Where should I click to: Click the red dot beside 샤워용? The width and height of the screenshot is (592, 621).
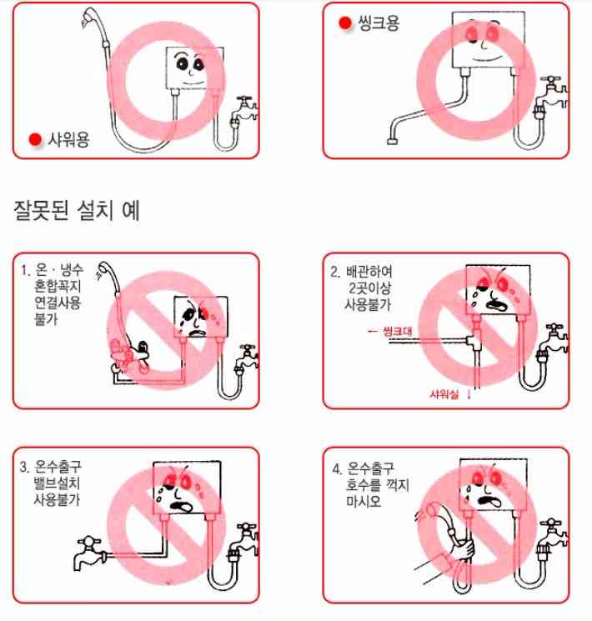pyautogui.click(x=35, y=139)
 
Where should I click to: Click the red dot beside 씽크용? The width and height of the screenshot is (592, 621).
pyautogui.click(x=345, y=23)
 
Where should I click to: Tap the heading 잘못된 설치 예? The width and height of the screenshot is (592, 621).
pyautogui.click(x=77, y=210)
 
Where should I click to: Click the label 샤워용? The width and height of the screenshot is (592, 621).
pyautogui.click(x=68, y=139)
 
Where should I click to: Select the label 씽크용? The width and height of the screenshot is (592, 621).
pyautogui.click(x=379, y=23)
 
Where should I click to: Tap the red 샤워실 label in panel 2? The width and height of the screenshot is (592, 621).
pyautogui.click(x=444, y=394)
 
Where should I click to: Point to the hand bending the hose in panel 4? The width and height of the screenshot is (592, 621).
pyautogui.click(x=464, y=548)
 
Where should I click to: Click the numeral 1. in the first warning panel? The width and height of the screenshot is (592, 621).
pyautogui.click(x=26, y=270)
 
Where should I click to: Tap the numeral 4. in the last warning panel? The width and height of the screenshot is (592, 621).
pyautogui.click(x=337, y=469)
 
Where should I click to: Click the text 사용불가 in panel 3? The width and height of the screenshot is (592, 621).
pyautogui.click(x=57, y=500)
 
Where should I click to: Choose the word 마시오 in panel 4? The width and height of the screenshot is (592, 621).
pyautogui.click(x=364, y=502)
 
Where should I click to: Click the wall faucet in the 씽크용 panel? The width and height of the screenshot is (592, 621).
pyautogui.click(x=552, y=98)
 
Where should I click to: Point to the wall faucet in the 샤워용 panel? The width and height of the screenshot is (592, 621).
pyautogui.click(x=244, y=112)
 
